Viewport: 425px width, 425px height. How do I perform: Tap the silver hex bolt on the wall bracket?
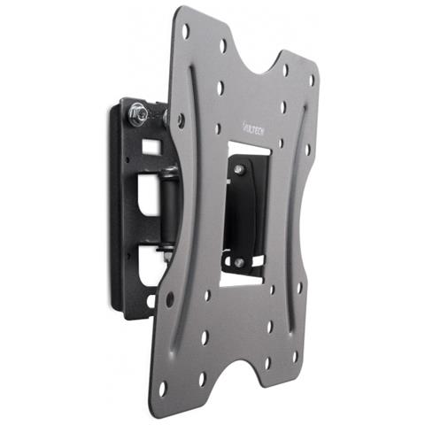click(139, 112)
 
